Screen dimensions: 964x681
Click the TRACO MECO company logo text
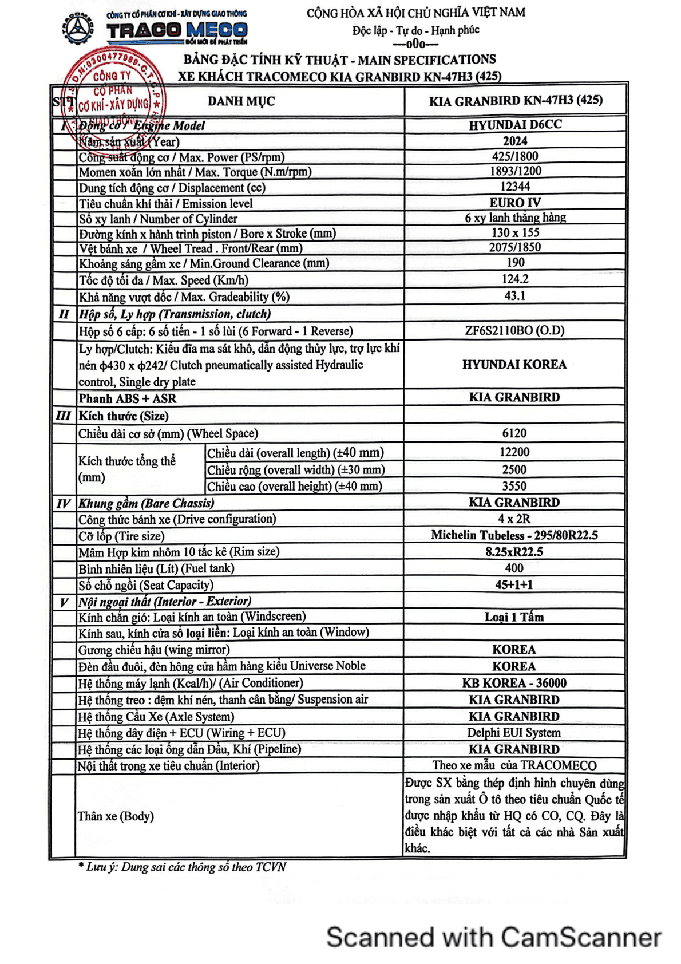[x=177, y=30]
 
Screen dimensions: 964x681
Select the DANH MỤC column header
[x=241, y=102]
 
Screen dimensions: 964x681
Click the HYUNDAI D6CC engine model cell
[x=515, y=125]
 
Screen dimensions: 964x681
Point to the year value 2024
[x=515, y=141]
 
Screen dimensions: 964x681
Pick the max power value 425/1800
[x=515, y=156]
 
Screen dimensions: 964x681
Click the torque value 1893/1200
[x=515, y=171]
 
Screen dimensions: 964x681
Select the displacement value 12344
[x=515, y=187]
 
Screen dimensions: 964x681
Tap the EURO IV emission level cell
[x=515, y=203]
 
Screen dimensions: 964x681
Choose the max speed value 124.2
[x=515, y=279]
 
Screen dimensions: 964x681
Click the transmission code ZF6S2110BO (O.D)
[x=514, y=330]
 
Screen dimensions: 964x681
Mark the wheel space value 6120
[x=514, y=433]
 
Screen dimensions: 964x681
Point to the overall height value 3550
[x=514, y=486]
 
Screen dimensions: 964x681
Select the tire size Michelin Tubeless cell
[x=514, y=535]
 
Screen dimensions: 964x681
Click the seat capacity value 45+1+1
[x=514, y=584]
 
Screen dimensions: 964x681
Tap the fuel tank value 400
[x=514, y=568]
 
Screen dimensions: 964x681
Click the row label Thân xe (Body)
[x=116, y=816]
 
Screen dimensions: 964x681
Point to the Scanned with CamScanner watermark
[x=494, y=938]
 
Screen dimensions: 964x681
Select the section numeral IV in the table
[x=63, y=504]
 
